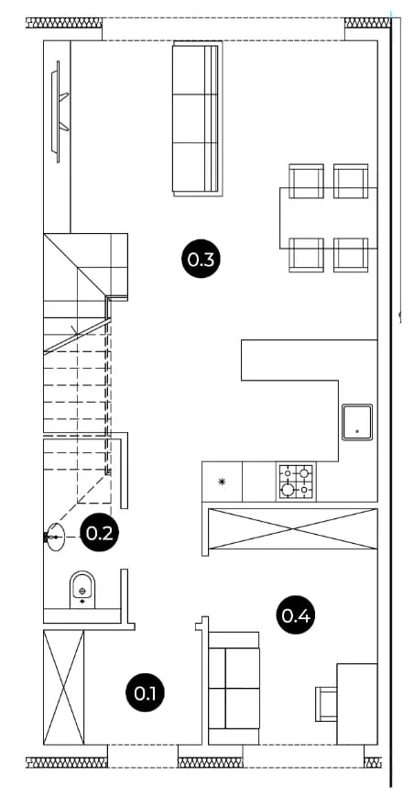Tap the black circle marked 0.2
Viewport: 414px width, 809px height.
tap(100, 533)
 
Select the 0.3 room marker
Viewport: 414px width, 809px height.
tap(201, 259)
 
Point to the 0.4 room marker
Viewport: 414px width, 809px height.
tap(296, 614)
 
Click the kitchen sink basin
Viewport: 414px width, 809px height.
tap(357, 422)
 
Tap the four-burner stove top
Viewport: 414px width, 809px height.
tap(297, 481)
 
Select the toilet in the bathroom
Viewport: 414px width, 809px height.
tap(82, 590)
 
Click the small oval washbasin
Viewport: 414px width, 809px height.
tap(54, 537)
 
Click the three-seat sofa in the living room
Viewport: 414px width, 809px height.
tap(198, 118)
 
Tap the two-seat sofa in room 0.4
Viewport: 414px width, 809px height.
tap(234, 688)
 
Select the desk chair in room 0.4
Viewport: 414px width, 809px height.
tap(326, 704)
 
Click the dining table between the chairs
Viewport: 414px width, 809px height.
tap(329, 217)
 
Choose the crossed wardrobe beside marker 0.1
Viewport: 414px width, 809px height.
tap(64, 687)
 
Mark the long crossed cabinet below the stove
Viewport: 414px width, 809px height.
tap(292, 528)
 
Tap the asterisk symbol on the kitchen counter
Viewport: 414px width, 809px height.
tap(222, 482)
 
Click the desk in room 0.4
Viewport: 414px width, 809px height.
tap(357, 704)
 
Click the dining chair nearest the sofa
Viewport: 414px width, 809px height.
tap(307, 181)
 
